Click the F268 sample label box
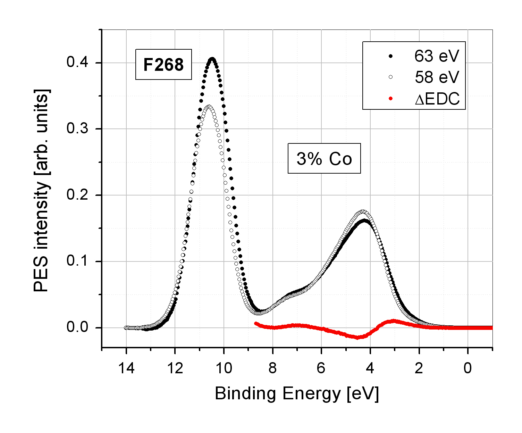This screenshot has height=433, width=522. pyautogui.click(x=163, y=65)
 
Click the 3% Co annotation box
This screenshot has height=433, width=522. pyautogui.click(x=324, y=159)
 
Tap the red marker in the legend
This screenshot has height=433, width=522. pyautogui.click(x=390, y=99)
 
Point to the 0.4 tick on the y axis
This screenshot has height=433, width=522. pyautogui.click(x=78, y=63)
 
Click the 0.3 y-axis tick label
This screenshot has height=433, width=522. pyautogui.click(x=78, y=129)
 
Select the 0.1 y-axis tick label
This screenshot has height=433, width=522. pyautogui.click(x=78, y=261)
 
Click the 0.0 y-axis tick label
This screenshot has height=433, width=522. pyautogui.click(x=78, y=328)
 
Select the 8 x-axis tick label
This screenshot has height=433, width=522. pyautogui.click(x=273, y=368)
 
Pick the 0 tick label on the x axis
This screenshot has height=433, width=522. pyautogui.click(x=468, y=368)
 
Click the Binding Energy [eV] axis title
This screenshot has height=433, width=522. pyautogui.click(x=297, y=394)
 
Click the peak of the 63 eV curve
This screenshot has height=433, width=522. pyautogui.click(x=212, y=59)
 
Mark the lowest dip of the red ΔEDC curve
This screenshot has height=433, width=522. pyautogui.click(x=357, y=338)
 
